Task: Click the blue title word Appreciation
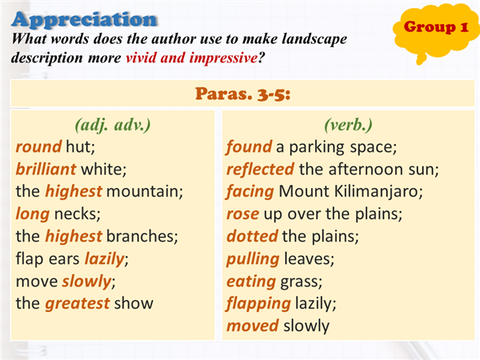[85, 20]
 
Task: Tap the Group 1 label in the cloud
[436, 27]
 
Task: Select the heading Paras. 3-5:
[242, 94]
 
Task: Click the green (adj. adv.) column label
[113, 126]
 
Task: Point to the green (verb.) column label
[348, 126]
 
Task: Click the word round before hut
[39, 147]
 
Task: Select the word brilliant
[46, 169]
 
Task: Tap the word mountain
[145, 191]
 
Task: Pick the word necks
[77, 214]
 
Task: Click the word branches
[142, 236]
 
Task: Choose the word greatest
[78, 304]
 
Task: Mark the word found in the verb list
[249, 147]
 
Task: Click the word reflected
[260, 169]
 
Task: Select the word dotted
[252, 236]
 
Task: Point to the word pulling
[253, 259]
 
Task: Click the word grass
[302, 282]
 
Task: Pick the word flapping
[258, 304]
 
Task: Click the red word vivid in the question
[141, 58]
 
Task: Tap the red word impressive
[223, 58]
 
